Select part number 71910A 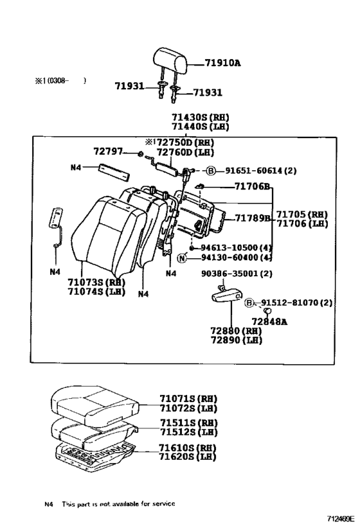222,63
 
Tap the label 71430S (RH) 200,118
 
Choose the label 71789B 253,218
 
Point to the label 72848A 269,320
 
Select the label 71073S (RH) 95,282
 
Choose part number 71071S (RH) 188,398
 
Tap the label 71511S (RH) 188,423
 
